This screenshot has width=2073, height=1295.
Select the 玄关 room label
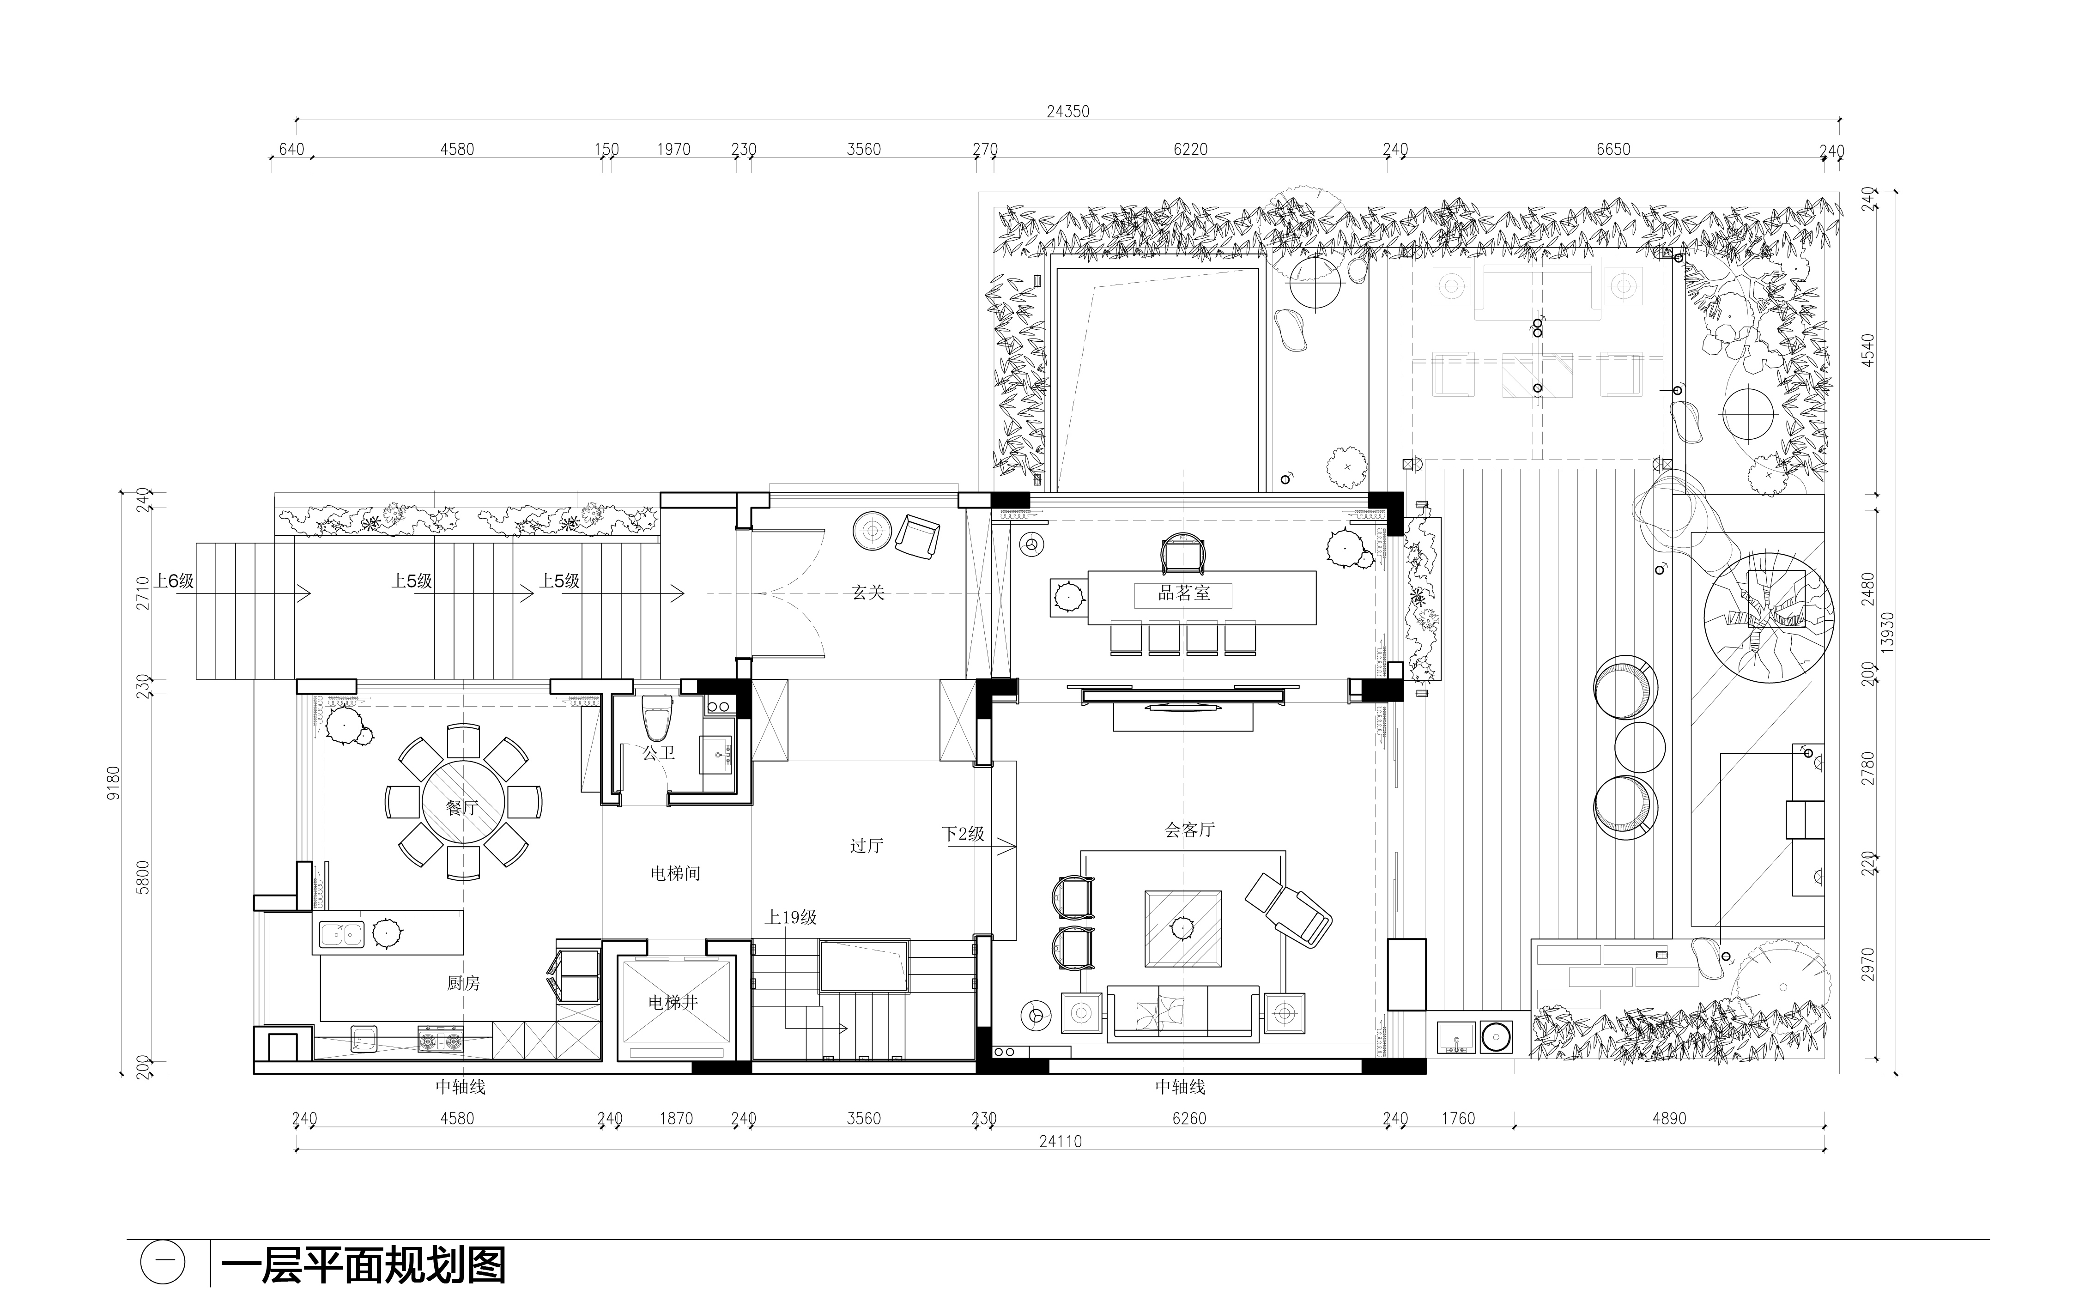[868, 592]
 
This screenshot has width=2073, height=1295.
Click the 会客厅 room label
[1189, 829]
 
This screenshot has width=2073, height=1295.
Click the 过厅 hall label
[866, 845]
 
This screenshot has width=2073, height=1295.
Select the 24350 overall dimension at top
[1067, 111]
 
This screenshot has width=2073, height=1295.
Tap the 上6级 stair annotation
[175, 581]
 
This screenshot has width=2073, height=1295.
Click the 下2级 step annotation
[963, 833]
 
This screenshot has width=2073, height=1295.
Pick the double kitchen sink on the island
[341, 934]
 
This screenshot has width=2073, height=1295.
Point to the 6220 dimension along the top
[1190, 149]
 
